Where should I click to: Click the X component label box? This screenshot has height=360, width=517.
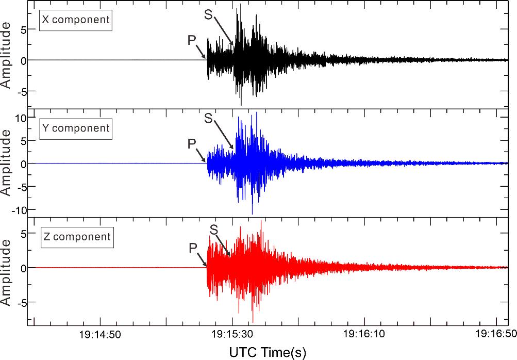(76, 21)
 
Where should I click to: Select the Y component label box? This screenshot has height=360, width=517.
(76, 128)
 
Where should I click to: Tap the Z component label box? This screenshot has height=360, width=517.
(76, 237)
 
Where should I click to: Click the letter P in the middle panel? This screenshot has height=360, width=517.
(192, 143)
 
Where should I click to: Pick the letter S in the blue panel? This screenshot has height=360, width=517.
(209, 118)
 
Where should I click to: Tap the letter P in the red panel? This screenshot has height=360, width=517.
(193, 248)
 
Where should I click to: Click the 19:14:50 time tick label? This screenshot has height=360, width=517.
(101, 335)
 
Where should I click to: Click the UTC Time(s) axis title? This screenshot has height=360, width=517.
(268, 353)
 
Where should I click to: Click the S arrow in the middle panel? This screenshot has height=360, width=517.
(223, 135)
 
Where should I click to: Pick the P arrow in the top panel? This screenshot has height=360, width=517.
(201, 52)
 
